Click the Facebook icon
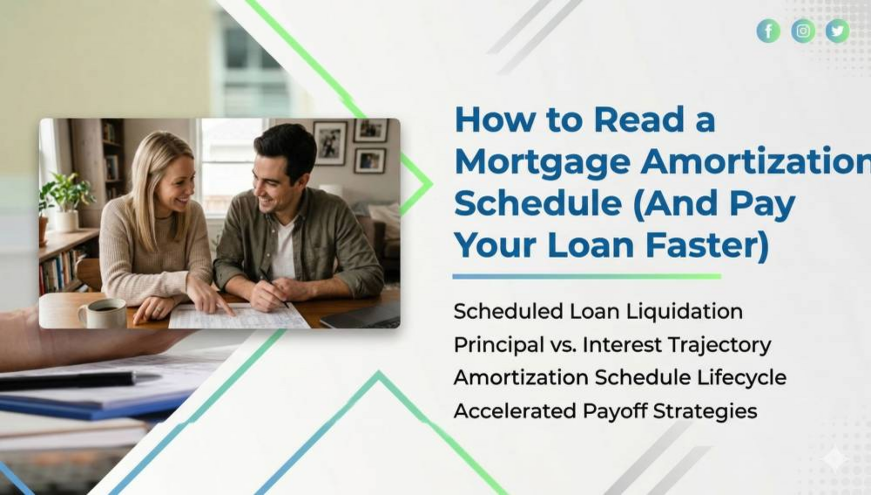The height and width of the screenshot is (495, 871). coord(768,31)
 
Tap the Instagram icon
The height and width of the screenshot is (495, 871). coord(803,31)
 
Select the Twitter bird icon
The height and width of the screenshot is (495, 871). coord(837,31)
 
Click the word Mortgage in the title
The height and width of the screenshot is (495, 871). coord(543,163)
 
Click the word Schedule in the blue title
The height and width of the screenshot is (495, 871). coord(537,203)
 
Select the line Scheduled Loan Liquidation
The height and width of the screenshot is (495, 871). coord(598,311)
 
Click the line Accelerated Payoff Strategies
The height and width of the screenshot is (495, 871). coord(605,411)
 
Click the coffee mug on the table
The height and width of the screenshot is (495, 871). coord(104,313)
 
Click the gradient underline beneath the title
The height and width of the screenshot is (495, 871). coord(586,276)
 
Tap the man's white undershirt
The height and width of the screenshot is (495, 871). coord(284,250)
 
